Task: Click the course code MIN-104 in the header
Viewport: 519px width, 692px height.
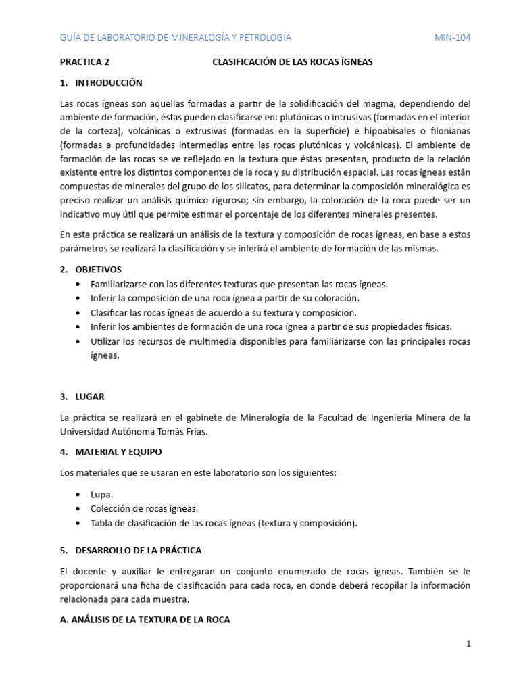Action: point(452,37)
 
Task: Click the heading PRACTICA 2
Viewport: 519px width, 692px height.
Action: point(84,61)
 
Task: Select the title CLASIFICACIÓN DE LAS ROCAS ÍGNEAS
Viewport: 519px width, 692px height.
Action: point(293,61)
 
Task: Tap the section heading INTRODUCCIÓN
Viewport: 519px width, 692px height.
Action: point(108,82)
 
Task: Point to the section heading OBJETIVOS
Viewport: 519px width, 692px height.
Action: point(99,269)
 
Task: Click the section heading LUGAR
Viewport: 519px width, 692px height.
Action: point(90,396)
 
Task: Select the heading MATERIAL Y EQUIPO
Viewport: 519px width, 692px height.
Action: point(118,451)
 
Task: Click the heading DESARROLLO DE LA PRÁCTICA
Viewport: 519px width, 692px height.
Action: point(138,550)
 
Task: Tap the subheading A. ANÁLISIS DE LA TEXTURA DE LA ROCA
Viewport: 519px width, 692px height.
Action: point(145,619)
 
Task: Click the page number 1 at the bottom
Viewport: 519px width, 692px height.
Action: point(468,644)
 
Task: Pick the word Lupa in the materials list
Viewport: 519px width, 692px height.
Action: point(101,494)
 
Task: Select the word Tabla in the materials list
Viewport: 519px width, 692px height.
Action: point(102,523)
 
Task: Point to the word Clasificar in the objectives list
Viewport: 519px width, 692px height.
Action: point(110,312)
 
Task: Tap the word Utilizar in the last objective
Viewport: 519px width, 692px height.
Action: point(107,341)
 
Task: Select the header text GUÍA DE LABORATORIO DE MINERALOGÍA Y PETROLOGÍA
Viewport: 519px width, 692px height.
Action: point(176,37)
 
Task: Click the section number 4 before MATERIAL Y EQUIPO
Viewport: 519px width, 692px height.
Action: point(64,451)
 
